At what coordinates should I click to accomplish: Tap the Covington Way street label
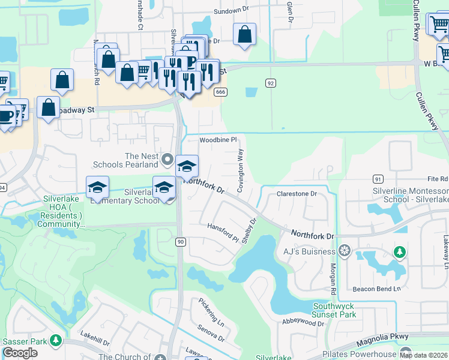coord(240,170)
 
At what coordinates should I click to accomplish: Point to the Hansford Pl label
coord(223,232)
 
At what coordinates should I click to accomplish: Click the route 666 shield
coord(221,91)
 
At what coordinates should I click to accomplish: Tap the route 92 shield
coord(271,83)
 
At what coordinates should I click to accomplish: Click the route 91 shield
coord(378,179)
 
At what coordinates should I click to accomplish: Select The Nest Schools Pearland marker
coord(167,160)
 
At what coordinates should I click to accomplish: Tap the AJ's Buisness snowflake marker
coord(345,250)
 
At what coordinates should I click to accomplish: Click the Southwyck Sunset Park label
coord(334,310)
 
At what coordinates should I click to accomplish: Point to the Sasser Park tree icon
coord(55,341)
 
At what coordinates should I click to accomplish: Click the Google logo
coord(20,352)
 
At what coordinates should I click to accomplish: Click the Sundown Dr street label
coord(231,11)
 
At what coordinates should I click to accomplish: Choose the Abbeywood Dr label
coord(303,322)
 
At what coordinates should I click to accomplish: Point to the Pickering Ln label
coord(211,311)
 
